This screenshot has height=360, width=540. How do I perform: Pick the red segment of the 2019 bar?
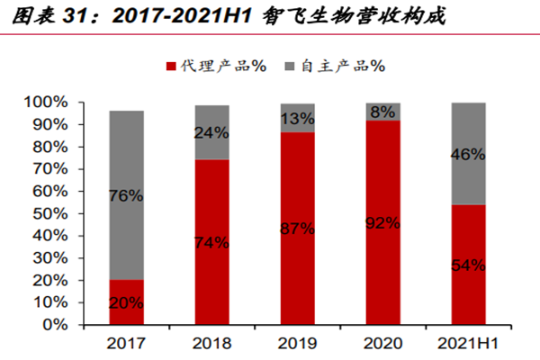click(x=297, y=261)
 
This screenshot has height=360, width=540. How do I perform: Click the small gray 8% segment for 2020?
click(x=383, y=112)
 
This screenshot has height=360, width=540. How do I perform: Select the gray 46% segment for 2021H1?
click(x=469, y=154)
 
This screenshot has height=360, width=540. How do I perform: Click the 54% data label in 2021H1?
click(x=469, y=265)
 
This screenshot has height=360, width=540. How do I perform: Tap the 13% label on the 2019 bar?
click(x=298, y=119)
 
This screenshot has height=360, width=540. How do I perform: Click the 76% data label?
click(x=127, y=195)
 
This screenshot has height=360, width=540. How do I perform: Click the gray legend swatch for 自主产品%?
click(x=289, y=66)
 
